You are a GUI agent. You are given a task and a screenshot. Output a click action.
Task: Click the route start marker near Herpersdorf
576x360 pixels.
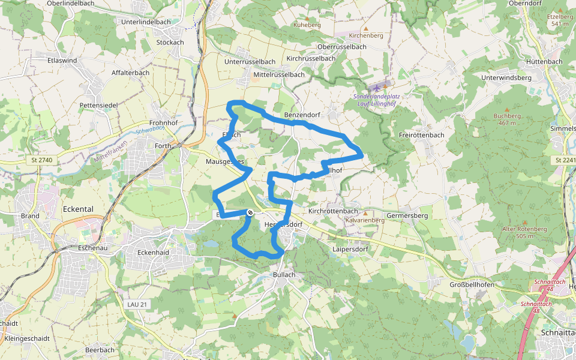pos(250,212)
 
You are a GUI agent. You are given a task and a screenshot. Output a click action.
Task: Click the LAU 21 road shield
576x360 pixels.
pos(137,305)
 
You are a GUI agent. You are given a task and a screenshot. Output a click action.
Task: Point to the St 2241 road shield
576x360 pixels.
pos(563,160)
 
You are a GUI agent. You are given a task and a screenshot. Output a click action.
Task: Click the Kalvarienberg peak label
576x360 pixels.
pos(365,220)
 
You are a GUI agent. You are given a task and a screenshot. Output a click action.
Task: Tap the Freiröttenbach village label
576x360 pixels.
pos(421,135)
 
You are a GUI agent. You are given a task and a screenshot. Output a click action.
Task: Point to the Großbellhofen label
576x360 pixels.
pos(472,284)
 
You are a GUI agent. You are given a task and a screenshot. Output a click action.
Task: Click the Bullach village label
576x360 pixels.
pos(284,275)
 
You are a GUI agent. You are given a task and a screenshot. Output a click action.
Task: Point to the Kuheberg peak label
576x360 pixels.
pos(307,25)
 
